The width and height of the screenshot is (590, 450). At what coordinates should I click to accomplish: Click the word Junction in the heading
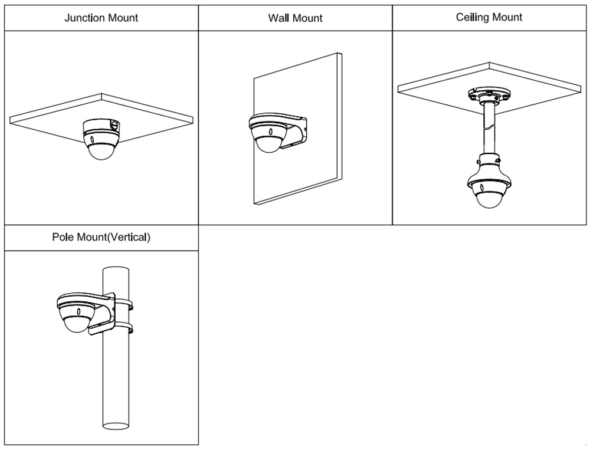click(x=84, y=18)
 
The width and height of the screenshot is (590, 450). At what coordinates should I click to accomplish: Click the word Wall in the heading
click(x=278, y=18)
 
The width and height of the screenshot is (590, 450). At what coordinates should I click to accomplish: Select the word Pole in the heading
click(x=63, y=238)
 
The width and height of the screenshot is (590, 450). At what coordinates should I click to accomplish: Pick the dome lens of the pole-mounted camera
click(x=76, y=323)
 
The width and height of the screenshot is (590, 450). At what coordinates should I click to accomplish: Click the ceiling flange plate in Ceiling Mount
click(x=489, y=95)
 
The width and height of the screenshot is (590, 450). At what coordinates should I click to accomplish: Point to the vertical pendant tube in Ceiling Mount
click(x=489, y=130)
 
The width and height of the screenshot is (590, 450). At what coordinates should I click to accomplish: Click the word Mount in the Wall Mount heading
click(x=308, y=18)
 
